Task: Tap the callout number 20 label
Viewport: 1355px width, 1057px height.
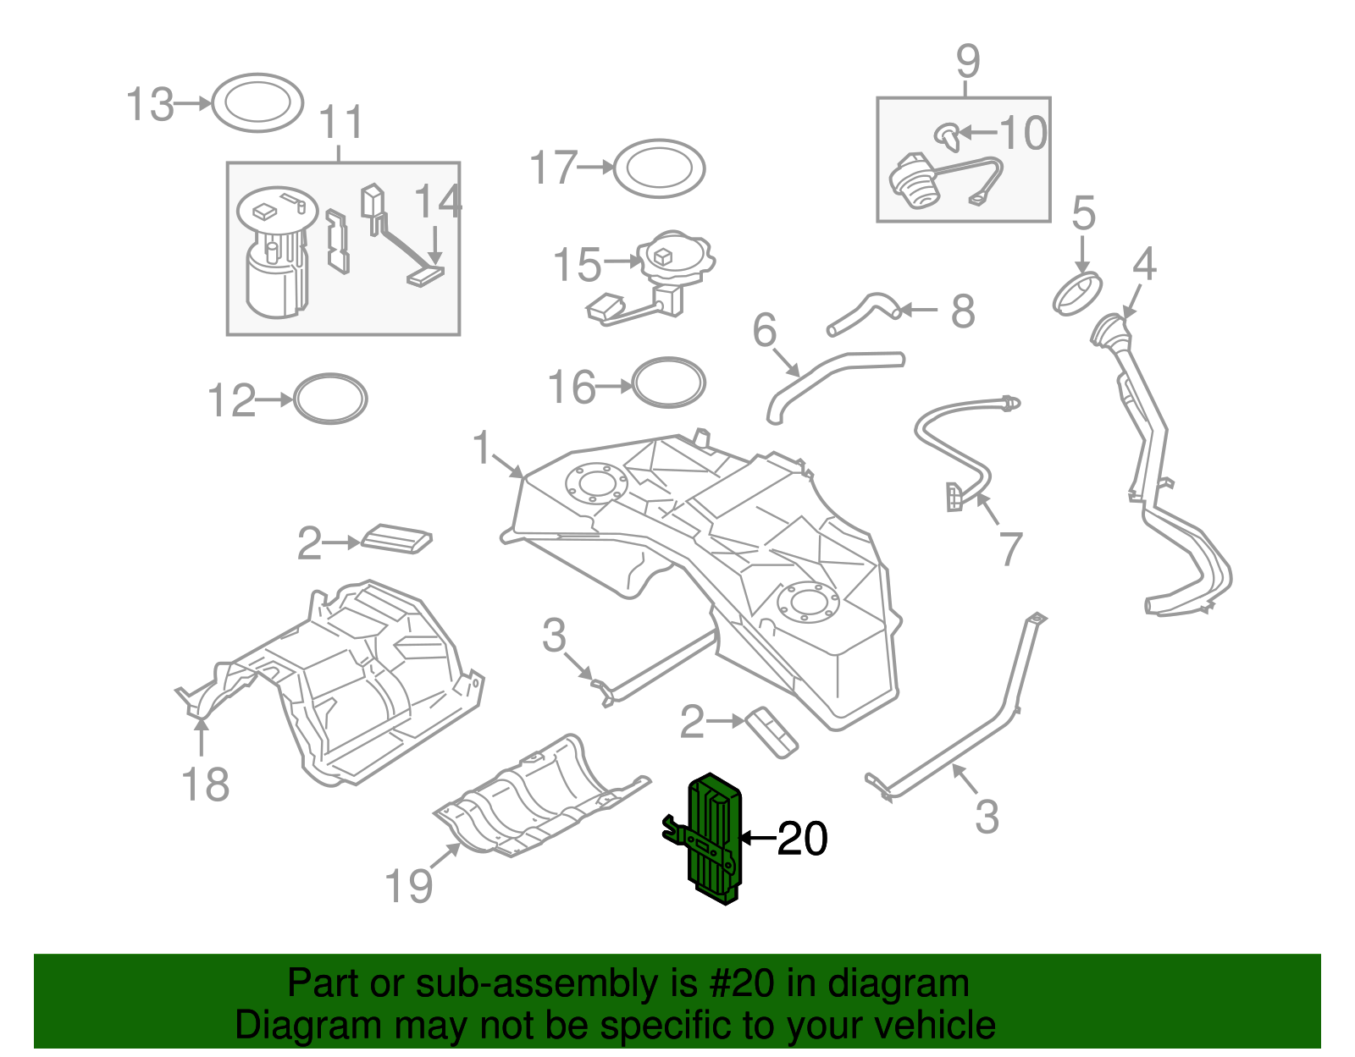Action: click(802, 839)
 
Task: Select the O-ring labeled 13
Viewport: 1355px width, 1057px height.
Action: click(257, 102)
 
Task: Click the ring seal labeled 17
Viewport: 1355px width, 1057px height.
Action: click(659, 168)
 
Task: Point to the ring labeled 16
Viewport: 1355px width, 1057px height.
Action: click(669, 383)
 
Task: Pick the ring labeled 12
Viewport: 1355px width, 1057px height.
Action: click(330, 398)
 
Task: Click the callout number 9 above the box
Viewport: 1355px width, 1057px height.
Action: click(967, 61)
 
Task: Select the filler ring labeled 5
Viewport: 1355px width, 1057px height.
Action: click(1077, 293)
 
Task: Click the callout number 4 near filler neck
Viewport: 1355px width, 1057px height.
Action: click(1144, 265)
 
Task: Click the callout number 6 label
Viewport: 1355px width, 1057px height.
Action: click(764, 330)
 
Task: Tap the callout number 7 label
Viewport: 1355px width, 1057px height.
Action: click(1010, 549)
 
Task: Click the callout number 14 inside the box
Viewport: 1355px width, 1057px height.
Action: click(438, 202)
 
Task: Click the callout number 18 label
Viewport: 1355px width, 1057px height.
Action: click(206, 784)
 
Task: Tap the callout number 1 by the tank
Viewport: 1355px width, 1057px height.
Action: click(482, 448)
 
